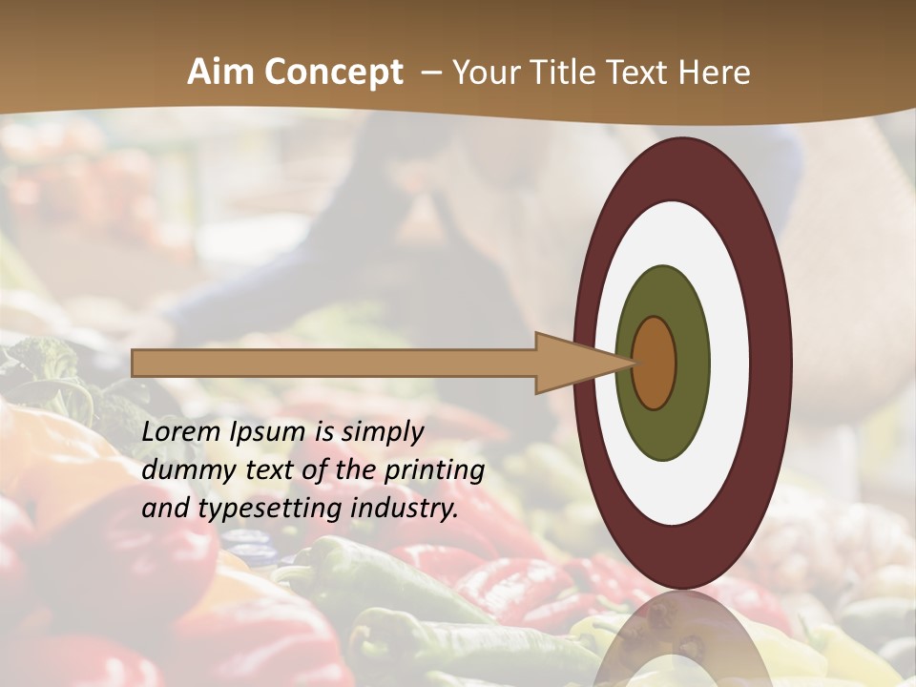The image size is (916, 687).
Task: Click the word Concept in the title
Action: click(x=334, y=73)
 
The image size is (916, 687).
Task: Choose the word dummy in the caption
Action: click(x=181, y=470)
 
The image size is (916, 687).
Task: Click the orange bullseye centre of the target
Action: click(x=655, y=363)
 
